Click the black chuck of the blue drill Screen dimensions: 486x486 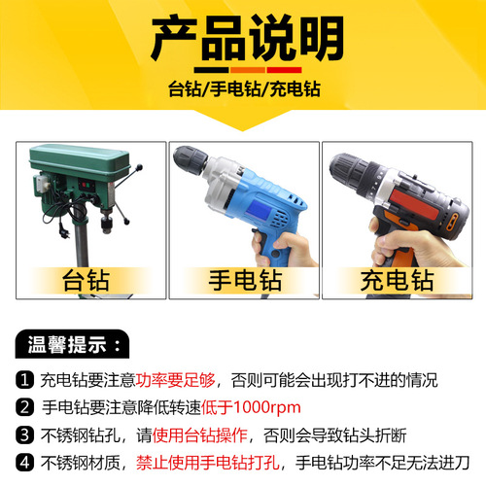[x=198, y=165]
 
